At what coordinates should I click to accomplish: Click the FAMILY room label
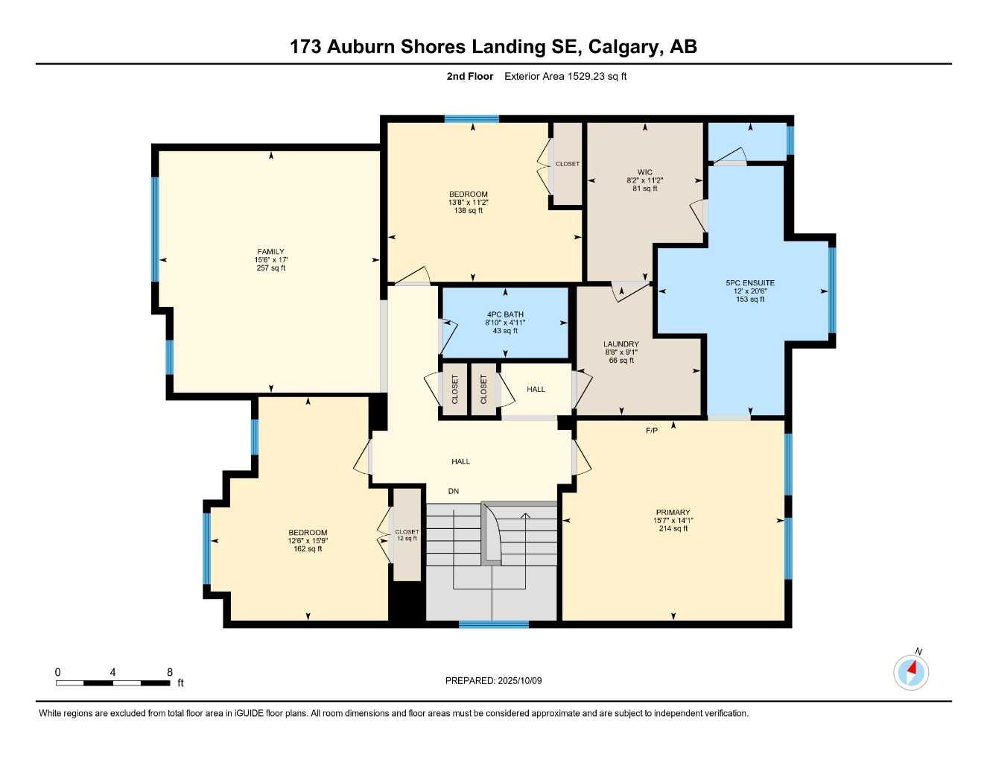tap(270, 252)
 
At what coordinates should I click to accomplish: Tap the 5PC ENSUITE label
tap(750, 283)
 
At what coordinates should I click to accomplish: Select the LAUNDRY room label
tap(621, 344)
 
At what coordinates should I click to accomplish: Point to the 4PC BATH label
tap(504, 314)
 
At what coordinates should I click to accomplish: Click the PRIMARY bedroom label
tap(673, 513)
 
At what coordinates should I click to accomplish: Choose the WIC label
tap(644, 172)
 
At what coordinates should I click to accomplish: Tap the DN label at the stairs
tap(454, 491)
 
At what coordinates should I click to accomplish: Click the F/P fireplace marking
tap(652, 431)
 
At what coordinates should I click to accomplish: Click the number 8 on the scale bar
tap(170, 672)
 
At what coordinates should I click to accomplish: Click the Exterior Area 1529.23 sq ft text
tap(565, 76)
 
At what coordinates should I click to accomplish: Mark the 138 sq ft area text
tap(468, 211)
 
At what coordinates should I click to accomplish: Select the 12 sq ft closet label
tap(407, 539)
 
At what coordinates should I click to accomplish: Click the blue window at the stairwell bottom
tap(493, 624)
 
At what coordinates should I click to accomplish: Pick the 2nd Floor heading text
tap(469, 76)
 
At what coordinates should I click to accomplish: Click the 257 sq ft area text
tap(270, 268)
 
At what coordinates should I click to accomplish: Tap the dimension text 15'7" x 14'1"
tap(673, 521)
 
